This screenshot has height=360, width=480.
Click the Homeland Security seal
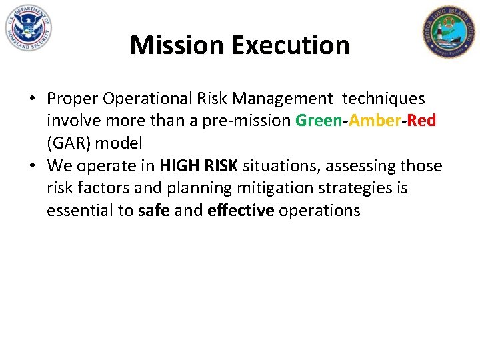tap(28, 28)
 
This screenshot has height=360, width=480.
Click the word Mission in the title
tap(177, 45)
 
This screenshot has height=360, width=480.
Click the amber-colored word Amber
tap(371, 121)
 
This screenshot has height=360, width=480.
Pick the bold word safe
tap(154, 211)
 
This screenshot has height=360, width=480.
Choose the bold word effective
tap(241, 211)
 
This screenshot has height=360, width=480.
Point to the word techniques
tap(383, 99)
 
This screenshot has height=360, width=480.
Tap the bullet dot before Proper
tap(32, 99)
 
